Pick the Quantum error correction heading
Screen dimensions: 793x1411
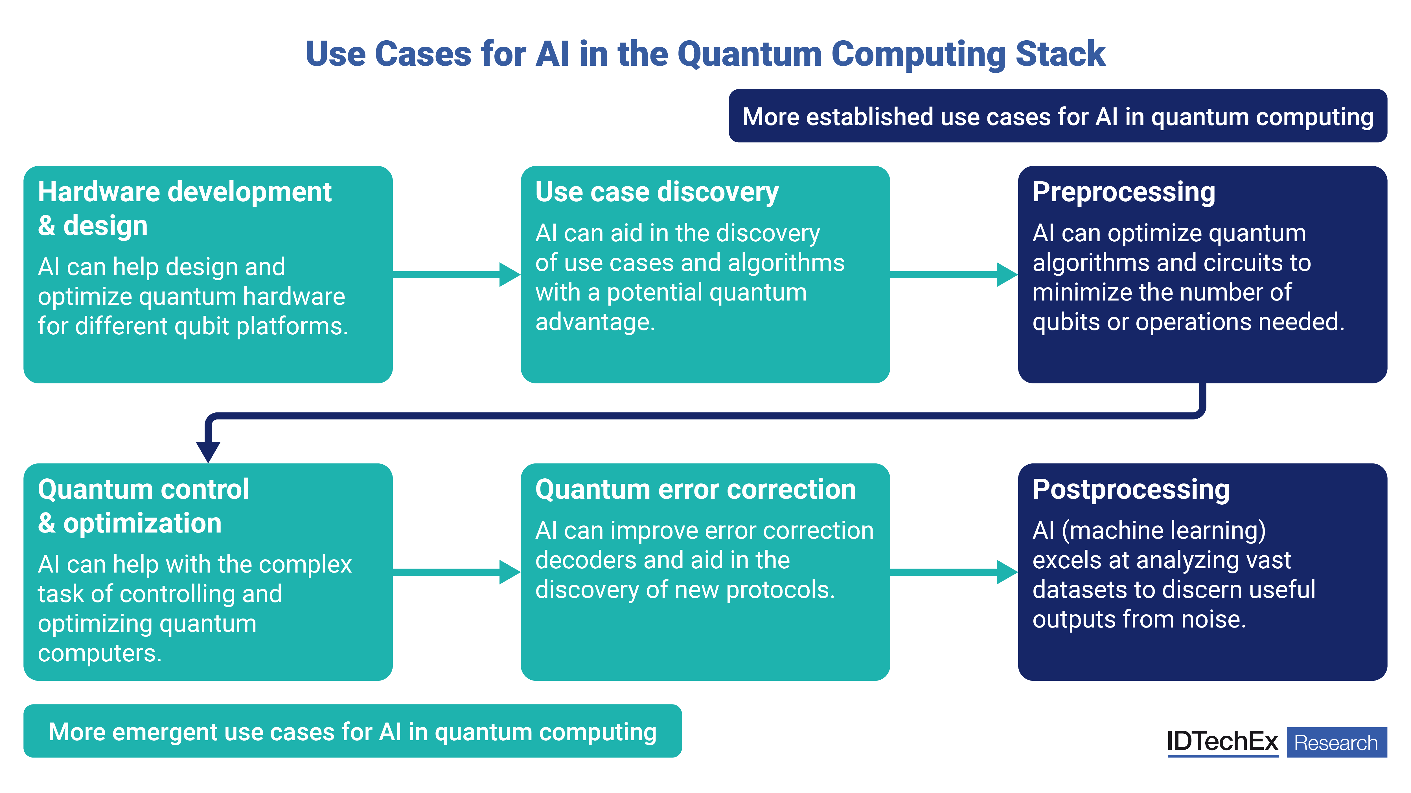tap(695, 489)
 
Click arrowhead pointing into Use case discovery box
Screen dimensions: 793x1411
tap(509, 274)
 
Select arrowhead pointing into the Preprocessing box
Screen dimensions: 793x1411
tap(1007, 274)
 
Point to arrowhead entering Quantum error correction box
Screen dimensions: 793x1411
tap(509, 572)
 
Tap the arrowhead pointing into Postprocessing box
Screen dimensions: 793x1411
tap(1007, 572)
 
